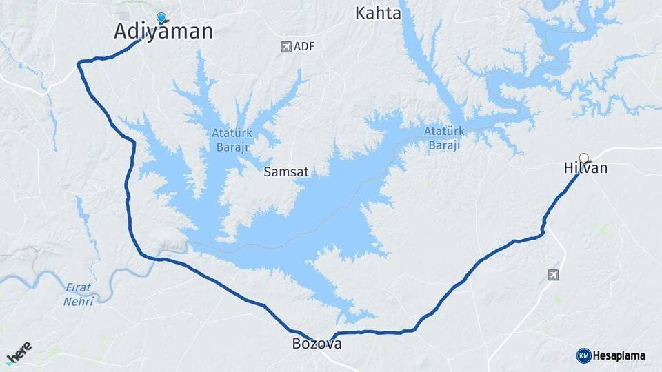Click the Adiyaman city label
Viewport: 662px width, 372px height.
click(163, 32)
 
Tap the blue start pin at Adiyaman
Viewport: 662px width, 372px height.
click(161, 18)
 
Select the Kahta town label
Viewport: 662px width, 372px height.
click(377, 13)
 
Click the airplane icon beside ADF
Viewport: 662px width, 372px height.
click(285, 47)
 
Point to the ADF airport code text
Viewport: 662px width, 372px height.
click(303, 47)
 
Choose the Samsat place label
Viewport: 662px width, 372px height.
click(286, 172)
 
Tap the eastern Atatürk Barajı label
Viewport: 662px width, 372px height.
click(443, 137)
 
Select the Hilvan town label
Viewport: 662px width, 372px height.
click(585, 168)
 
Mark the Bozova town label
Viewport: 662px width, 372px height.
click(317, 344)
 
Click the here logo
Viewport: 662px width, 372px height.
click(19, 352)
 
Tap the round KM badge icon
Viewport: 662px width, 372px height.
click(583, 355)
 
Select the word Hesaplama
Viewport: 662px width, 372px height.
click(619, 356)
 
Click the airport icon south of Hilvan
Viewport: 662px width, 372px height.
click(553, 275)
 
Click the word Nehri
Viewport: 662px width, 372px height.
click(78, 302)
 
